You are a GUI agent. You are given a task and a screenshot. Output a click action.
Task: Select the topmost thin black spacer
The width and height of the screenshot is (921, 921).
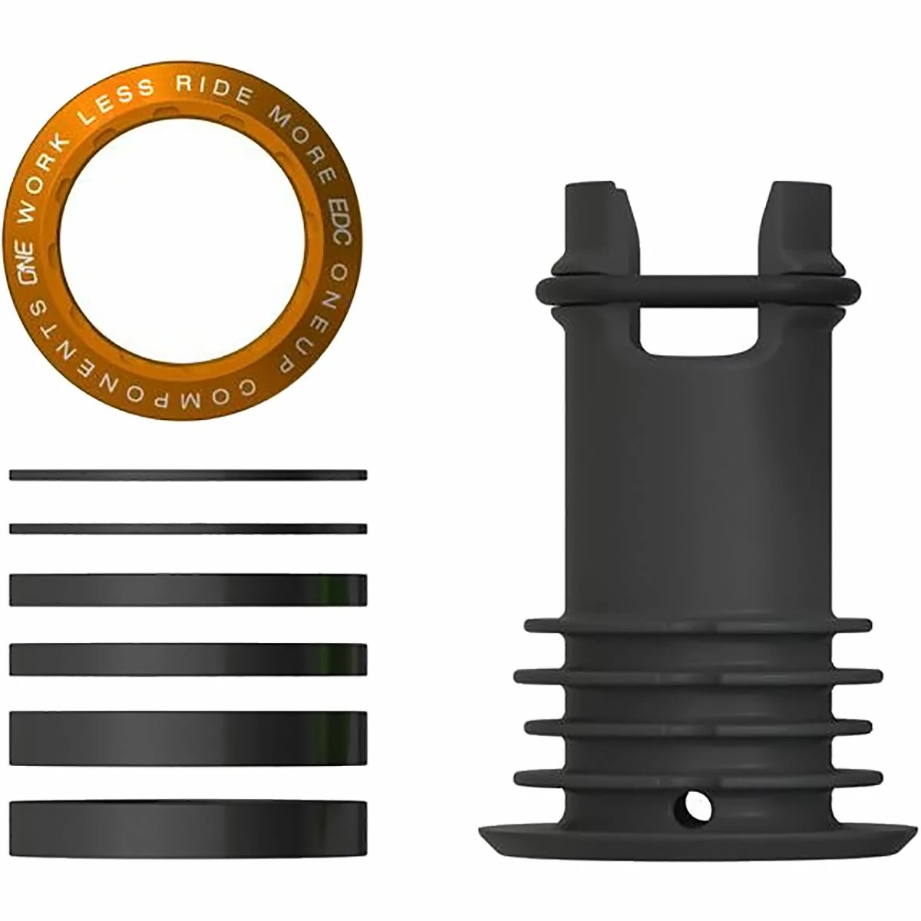[188, 475]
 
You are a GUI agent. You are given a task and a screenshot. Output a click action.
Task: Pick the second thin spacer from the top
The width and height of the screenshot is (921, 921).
[188, 529]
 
